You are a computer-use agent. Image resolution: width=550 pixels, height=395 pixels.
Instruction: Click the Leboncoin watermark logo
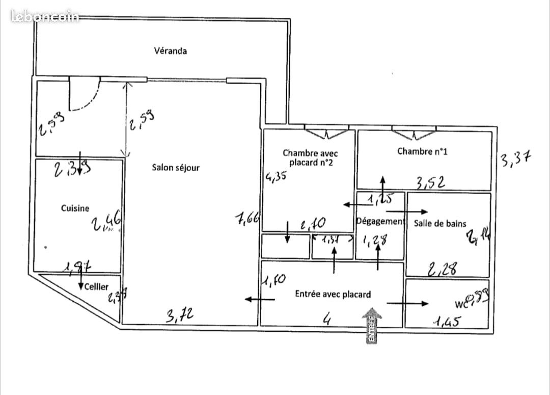coord(45,16)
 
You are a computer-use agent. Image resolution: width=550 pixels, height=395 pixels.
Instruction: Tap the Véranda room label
coord(170,50)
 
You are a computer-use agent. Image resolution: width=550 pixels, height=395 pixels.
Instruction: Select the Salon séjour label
coord(176,168)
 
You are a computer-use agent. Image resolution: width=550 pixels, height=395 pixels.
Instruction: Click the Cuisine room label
coord(75,208)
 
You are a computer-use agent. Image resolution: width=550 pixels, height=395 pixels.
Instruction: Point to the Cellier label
coord(96,287)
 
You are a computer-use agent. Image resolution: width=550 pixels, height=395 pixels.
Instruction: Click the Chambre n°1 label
coord(422,151)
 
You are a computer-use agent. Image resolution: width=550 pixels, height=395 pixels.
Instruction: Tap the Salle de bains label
coord(440,223)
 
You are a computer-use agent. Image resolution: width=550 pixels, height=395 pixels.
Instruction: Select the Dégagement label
coord(380,221)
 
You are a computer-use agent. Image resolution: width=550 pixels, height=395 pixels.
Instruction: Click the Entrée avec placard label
coord(333,294)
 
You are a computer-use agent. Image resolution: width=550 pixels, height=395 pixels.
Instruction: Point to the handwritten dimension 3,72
coord(180,315)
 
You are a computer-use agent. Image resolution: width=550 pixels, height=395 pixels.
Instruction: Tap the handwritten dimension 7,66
coord(248,219)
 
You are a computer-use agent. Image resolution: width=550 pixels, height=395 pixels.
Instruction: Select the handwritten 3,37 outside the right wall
coord(515,160)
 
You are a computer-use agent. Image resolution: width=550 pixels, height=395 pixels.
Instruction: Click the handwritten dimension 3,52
coord(431,182)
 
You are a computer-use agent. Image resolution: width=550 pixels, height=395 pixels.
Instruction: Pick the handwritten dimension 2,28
coord(442,269)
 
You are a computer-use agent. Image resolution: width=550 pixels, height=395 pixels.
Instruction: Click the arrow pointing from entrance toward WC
coord(407,304)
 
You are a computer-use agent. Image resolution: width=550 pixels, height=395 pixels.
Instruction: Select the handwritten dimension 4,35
coord(275,177)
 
